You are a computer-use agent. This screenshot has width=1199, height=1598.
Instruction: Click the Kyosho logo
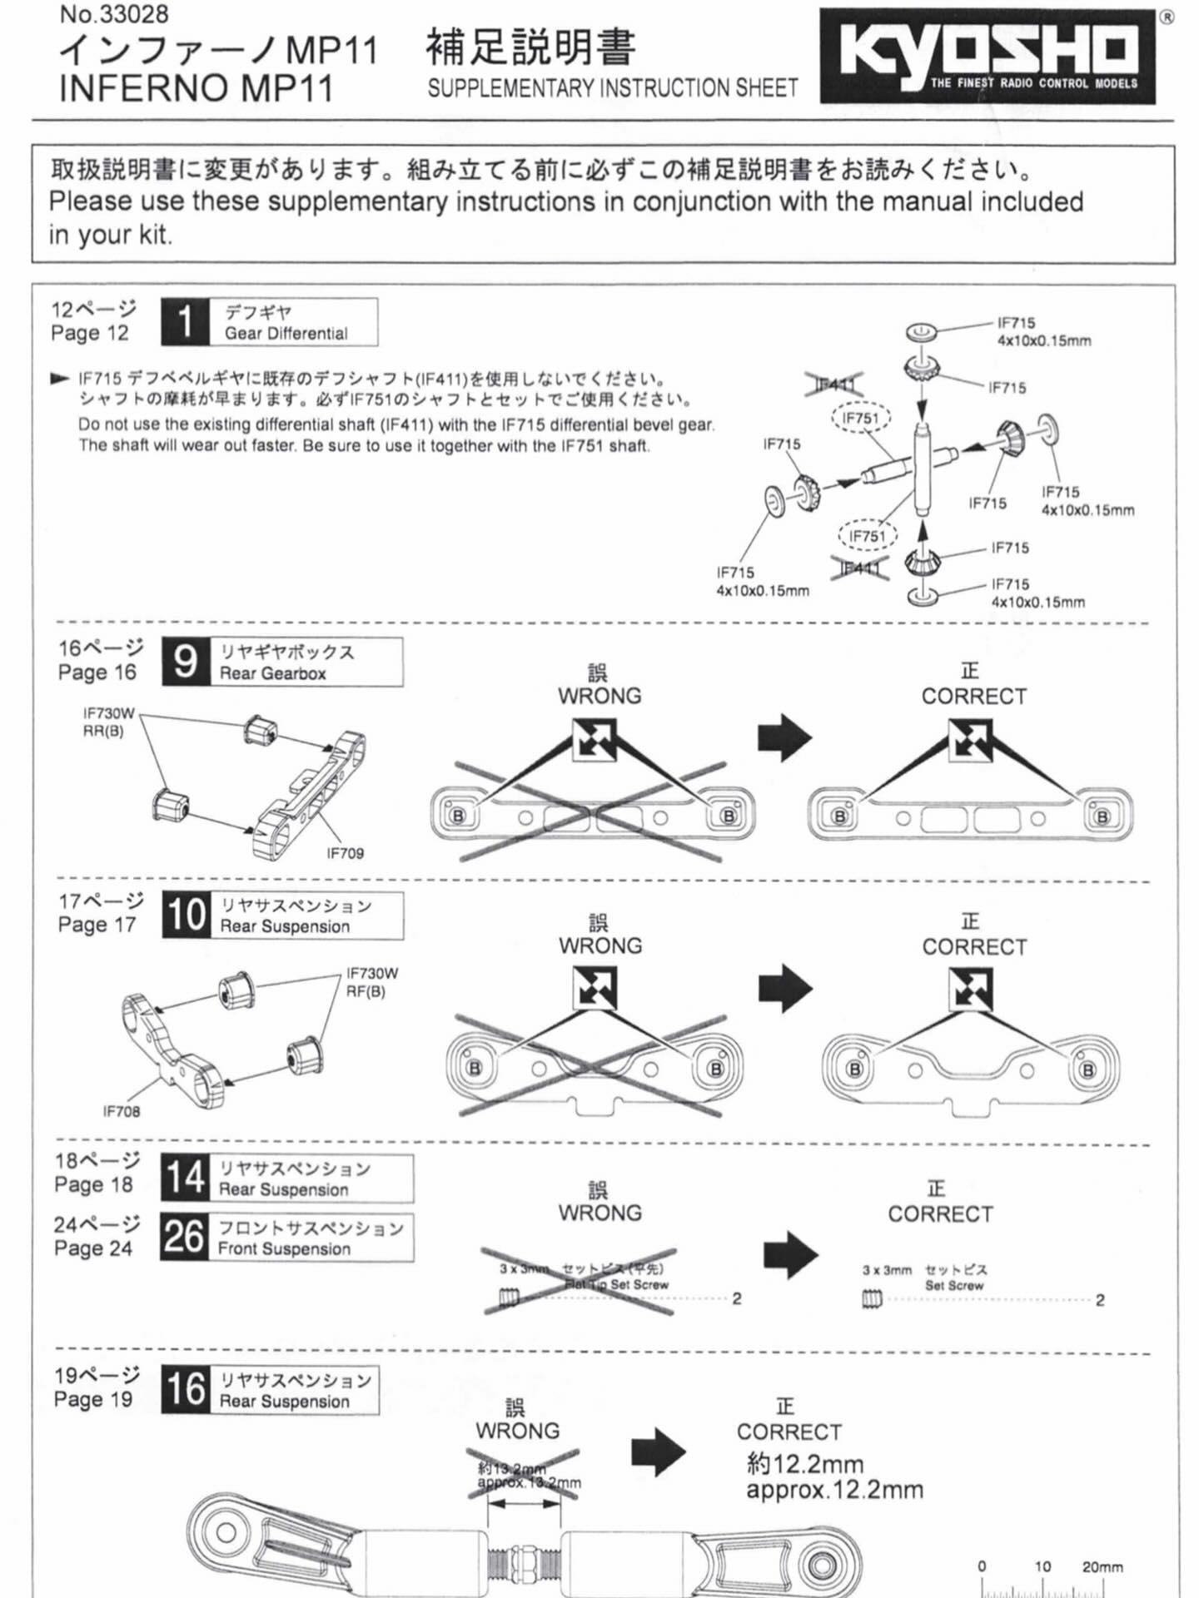(988, 56)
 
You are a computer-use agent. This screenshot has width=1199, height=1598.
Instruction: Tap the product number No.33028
(114, 14)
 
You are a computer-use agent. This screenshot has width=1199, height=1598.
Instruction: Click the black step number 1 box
(186, 322)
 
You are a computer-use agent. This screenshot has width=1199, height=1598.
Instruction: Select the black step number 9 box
(186, 663)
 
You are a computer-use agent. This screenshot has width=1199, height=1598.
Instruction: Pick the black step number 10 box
(186, 915)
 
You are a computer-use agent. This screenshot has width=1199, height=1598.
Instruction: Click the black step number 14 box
(184, 1178)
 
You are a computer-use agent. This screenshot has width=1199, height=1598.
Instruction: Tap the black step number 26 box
(184, 1237)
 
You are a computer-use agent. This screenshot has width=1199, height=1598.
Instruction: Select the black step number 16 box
(185, 1389)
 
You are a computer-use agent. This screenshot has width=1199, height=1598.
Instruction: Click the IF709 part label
(345, 853)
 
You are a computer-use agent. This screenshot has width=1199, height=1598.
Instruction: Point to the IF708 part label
(122, 1111)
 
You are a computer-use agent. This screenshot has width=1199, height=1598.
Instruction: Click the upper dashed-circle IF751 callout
(861, 418)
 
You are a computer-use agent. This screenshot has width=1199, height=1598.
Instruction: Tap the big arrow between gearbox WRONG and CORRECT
(784, 737)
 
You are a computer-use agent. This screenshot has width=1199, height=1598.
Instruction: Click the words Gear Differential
(286, 334)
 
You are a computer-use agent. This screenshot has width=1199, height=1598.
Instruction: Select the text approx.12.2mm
(834, 1490)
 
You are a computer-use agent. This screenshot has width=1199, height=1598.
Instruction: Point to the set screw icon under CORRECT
(871, 1299)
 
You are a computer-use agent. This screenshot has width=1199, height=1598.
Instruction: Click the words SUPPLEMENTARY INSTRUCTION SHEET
(612, 88)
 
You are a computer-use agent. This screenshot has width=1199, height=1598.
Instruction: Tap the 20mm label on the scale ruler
(1102, 1566)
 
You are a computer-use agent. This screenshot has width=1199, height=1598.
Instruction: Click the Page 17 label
(97, 925)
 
